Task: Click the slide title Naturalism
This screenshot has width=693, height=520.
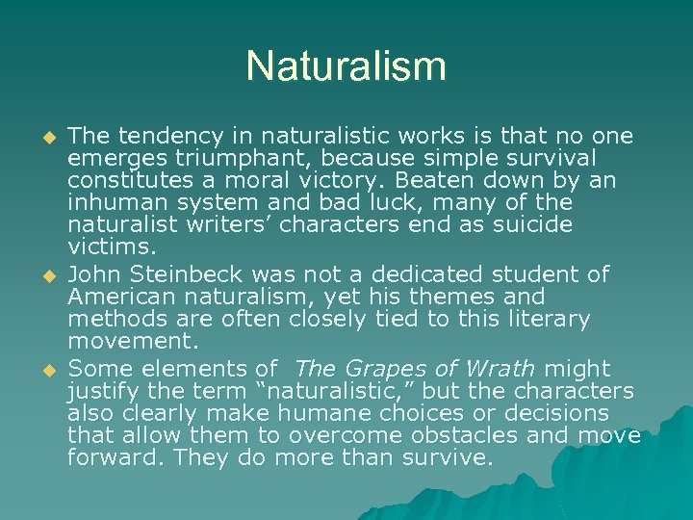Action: click(x=346, y=67)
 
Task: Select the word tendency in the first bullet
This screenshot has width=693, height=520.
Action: click(x=161, y=137)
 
